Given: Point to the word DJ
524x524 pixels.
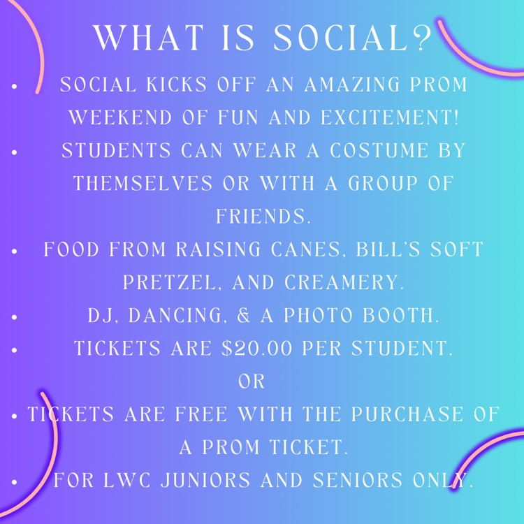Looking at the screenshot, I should [99, 316].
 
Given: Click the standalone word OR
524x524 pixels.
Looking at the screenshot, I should [252, 381].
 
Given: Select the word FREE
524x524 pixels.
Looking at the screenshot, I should [196, 414].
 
